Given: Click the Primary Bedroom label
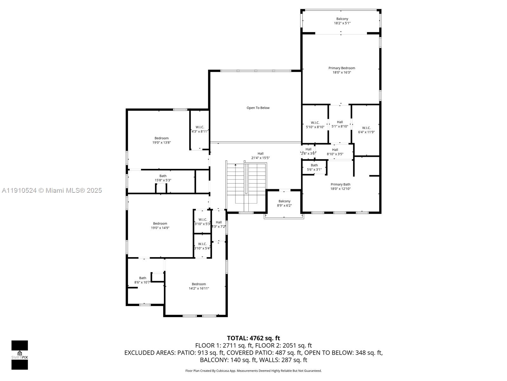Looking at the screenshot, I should [342, 68].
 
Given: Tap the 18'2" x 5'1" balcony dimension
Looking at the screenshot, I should [342, 23].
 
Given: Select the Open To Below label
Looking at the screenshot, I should [258, 108].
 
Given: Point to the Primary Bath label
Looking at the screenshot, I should [340, 184].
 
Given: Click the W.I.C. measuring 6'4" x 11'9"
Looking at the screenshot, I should [366, 130].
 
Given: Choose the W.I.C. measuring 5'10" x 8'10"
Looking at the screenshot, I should [315, 125].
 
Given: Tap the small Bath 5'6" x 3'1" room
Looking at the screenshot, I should [314, 167].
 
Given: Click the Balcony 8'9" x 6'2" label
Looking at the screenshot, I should [284, 201].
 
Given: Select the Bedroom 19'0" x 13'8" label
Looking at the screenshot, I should [161, 138].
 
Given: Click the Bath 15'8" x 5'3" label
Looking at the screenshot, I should [163, 176].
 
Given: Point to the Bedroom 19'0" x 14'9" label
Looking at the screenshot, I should [160, 224].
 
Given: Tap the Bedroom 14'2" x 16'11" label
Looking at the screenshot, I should [199, 284].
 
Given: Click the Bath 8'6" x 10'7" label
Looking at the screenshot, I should [143, 278].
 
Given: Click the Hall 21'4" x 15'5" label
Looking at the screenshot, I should [260, 154].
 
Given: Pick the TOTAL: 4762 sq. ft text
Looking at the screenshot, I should [253, 338].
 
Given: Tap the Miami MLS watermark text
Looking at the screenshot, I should [52, 190].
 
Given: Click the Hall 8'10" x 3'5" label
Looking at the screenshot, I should [335, 150].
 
